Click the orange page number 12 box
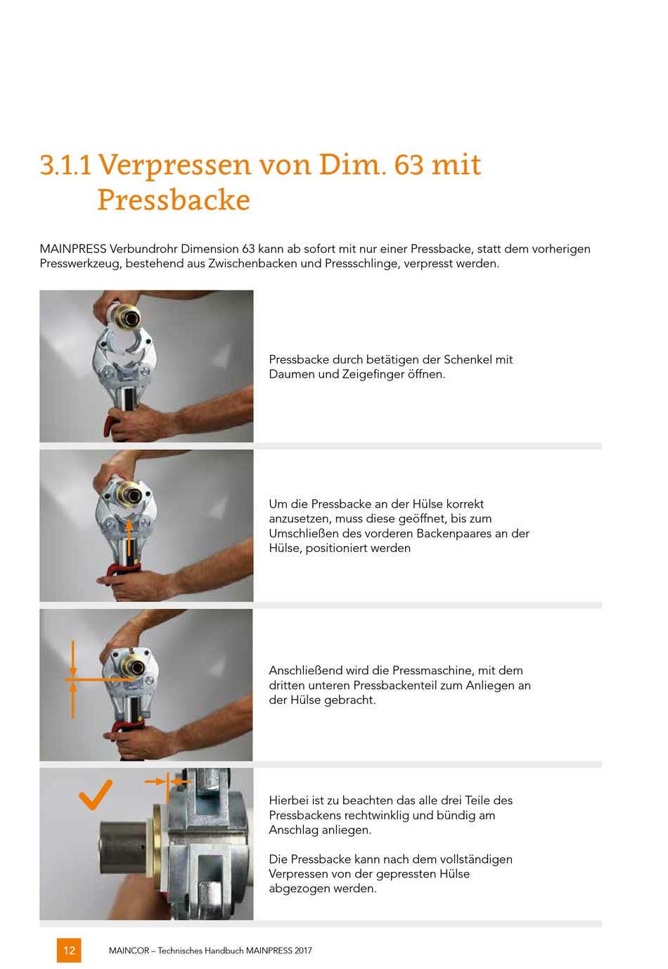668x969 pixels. tap(69, 950)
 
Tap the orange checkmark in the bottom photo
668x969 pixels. tap(95, 794)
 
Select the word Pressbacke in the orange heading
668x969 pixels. tap(174, 200)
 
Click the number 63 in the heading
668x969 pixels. tap(409, 165)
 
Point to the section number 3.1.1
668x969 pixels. tap(65, 165)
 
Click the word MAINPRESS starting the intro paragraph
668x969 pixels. tap(72, 249)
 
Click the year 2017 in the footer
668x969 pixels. tap(303, 951)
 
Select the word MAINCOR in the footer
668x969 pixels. tap(129, 951)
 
